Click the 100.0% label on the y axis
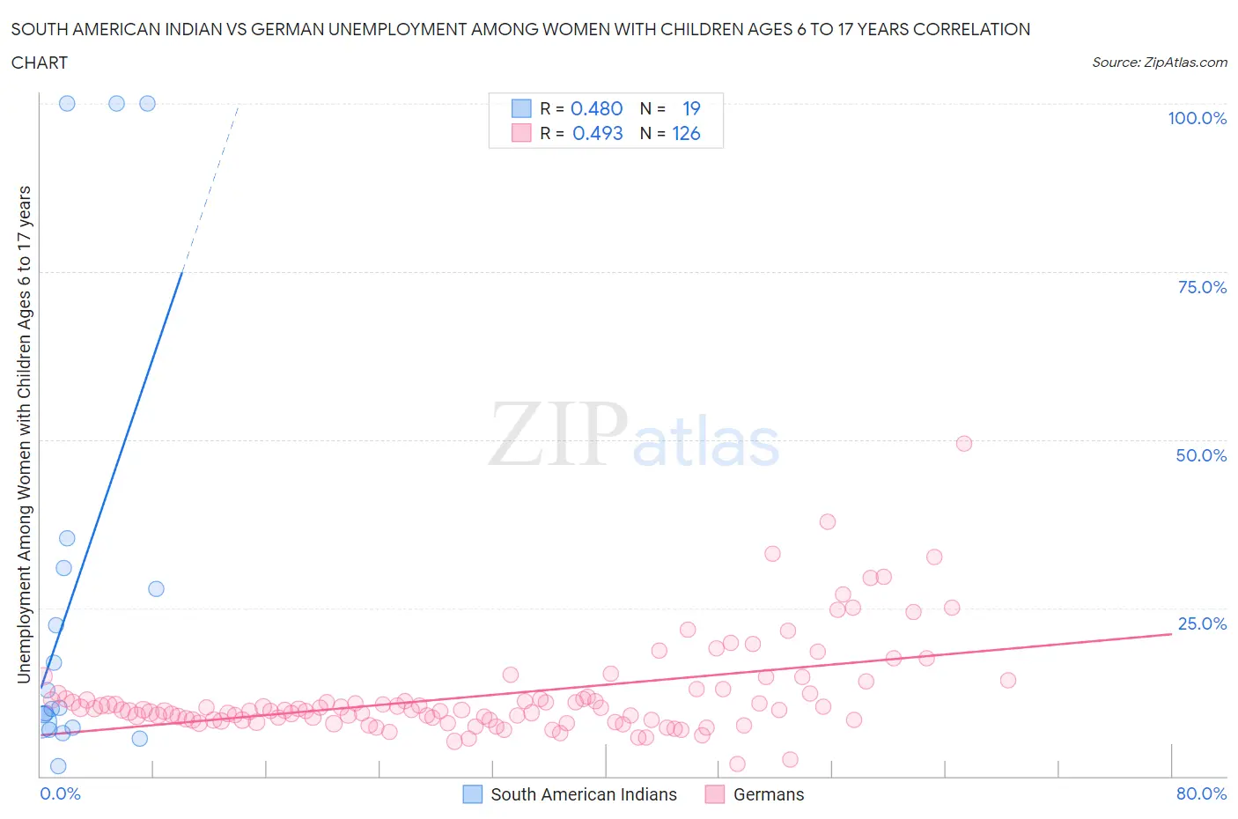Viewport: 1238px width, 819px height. pyautogui.click(x=1197, y=119)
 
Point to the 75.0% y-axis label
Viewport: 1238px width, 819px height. pyautogui.click(x=1201, y=287)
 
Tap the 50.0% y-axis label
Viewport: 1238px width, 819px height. pyautogui.click(x=1201, y=455)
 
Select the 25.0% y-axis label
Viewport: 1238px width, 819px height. pyautogui.click(x=1201, y=623)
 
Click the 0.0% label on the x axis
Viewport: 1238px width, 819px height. pyautogui.click(x=60, y=793)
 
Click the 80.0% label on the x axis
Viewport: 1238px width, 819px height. pyautogui.click(x=1201, y=793)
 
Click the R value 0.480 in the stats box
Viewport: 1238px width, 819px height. pyautogui.click(x=596, y=108)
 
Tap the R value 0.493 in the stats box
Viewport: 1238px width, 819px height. pyautogui.click(x=597, y=133)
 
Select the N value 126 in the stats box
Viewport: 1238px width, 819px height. pyautogui.click(x=686, y=133)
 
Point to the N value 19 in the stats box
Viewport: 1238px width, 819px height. pyautogui.click(x=691, y=108)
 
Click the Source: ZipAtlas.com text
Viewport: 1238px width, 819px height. pyautogui.click(x=1159, y=62)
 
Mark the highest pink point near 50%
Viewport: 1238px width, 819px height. pyautogui.click(x=964, y=444)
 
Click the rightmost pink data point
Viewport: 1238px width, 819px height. pyautogui.click(x=1008, y=680)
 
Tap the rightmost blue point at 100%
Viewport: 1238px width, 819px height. pyautogui.click(x=148, y=103)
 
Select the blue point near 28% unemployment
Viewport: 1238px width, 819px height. pyautogui.click(x=156, y=588)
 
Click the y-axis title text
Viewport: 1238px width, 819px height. pyautogui.click(x=24, y=434)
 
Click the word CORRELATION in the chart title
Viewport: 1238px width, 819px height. pyautogui.click(x=971, y=29)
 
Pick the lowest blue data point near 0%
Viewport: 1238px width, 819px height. pyautogui.click(x=58, y=766)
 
